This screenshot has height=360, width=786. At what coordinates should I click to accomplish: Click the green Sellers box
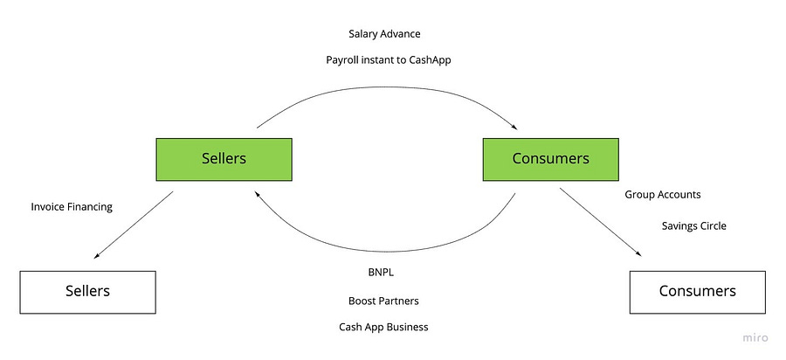click(224, 159)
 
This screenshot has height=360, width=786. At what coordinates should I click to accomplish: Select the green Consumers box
click(551, 159)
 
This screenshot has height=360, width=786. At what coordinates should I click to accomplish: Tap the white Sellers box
click(87, 292)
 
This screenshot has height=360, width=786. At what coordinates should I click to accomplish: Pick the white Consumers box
click(697, 292)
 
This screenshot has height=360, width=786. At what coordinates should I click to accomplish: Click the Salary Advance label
click(384, 34)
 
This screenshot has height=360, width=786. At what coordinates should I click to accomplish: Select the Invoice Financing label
click(72, 207)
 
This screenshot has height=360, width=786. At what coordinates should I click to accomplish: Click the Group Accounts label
click(662, 195)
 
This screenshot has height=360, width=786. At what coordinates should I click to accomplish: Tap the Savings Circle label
click(693, 226)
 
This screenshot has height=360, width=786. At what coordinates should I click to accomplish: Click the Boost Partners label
click(384, 301)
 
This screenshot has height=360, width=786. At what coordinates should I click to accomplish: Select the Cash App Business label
click(384, 327)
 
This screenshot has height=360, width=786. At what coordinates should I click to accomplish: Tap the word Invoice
click(48, 207)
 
